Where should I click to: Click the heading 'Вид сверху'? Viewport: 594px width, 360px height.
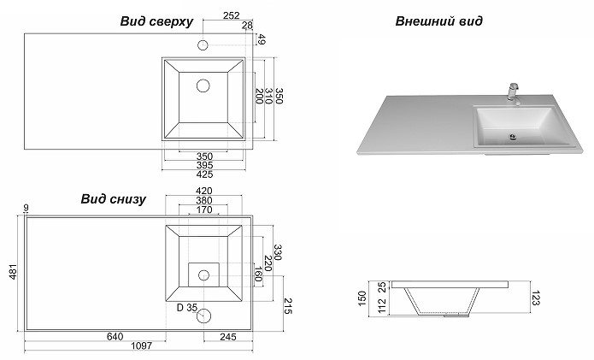pyautogui.click(x=157, y=21)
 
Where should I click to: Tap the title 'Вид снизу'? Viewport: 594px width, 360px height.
pyautogui.click(x=114, y=198)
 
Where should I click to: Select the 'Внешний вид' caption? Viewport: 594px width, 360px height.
pyautogui.click(x=439, y=21)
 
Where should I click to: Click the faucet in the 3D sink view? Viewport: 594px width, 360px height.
pyautogui.click(x=514, y=90)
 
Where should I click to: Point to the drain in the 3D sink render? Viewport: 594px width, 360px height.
pyautogui.click(x=512, y=134)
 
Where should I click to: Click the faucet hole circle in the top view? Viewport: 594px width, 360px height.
pyautogui.click(x=203, y=44)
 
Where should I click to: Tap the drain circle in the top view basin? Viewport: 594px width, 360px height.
pyautogui.click(x=203, y=86)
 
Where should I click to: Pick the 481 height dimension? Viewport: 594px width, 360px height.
pyautogui.click(x=12, y=270)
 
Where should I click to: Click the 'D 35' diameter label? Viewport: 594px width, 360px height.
pyautogui.click(x=185, y=307)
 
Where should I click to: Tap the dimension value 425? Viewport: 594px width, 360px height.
pyautogui.click(x=203, y=174)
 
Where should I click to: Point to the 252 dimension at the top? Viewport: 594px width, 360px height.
pyautogui.click(x=231, y=15)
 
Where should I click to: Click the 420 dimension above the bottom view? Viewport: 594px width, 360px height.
pyautogui.click(x=203, y=190)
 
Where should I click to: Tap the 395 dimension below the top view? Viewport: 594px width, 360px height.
pyautogui.click(x=203, y=165)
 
